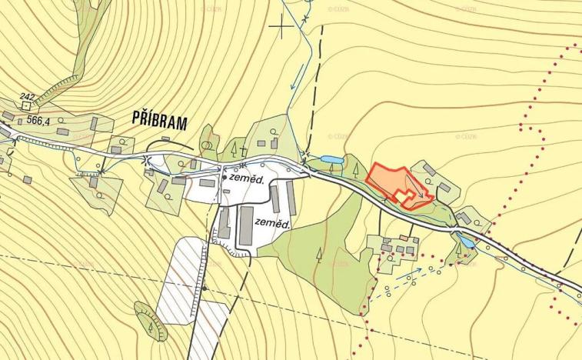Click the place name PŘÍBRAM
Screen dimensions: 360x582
pyautogui.click(x=160, y=119)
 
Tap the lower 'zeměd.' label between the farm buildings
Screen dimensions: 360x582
pyautogui.click(x=273, y=224)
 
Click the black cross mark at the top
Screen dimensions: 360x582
pyautogui.click(x=281, y=27)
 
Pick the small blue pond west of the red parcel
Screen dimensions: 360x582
pyautogui.click(x=331, y=160)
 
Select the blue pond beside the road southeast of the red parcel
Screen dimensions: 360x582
pyautogui.click(x=466, y=241)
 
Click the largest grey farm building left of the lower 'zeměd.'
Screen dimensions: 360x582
pyautogui.click(x=246, y=225)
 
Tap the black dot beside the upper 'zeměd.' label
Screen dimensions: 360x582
pyautogui.click(x=225, y=177)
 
